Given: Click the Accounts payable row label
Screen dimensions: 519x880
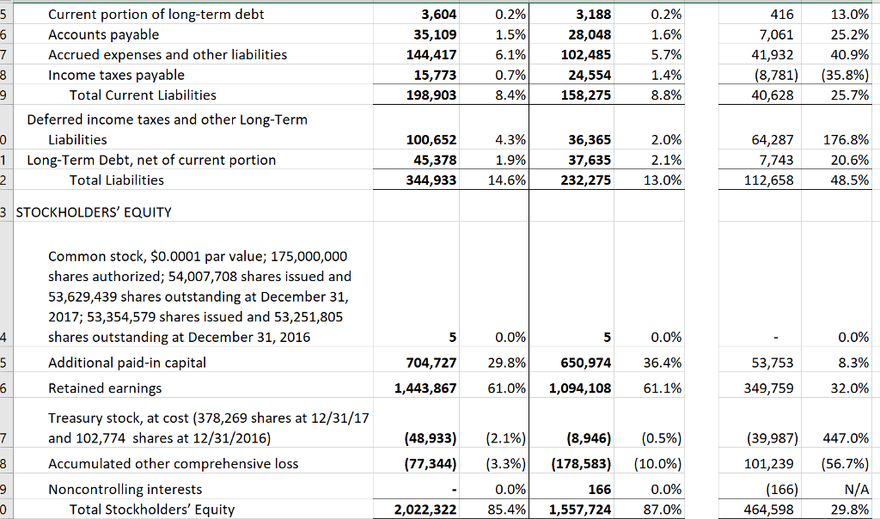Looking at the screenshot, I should [103, 34].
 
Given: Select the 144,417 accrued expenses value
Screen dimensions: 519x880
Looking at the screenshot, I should [433, 54].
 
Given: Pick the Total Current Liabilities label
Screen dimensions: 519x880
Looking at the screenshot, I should [143, 95].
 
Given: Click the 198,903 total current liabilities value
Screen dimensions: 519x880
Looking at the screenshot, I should [433, 95].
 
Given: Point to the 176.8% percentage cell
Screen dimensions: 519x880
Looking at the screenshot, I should [846, 139].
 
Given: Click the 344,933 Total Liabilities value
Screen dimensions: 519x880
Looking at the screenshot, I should [433, 180].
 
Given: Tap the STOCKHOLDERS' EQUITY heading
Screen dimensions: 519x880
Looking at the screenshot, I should [95, 211].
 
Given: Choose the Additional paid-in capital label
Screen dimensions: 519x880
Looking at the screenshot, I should [127, 363].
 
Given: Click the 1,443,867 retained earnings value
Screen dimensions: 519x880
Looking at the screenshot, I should [426, 388].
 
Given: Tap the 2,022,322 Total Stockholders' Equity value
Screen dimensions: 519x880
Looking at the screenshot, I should [426, 510].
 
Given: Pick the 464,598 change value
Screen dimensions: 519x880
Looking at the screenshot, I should [772, 510].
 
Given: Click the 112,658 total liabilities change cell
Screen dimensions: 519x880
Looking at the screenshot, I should [772, 180].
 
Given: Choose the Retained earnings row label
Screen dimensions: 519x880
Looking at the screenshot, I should [105, 388].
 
